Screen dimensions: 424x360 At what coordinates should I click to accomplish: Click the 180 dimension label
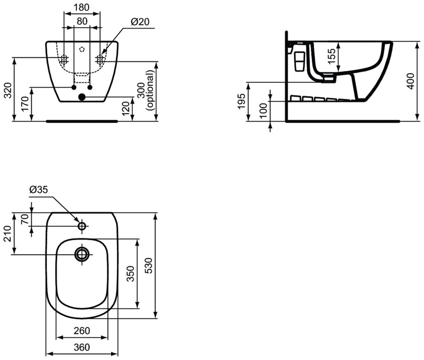pyautogui.click(x=82, y=7)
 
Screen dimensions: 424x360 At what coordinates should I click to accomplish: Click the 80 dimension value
pyautogui.click(x=82, y=21)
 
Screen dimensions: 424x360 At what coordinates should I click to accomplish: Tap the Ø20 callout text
pyautogui.click(x=140, y=22)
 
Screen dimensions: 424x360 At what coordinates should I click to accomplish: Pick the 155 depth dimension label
pyautogui.click(x=331, y=56)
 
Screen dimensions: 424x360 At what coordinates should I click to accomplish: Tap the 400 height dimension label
pyautogui.click(x=410, y=81)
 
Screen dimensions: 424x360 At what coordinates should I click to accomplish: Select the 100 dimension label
pyautogui.click(x=263, y=112)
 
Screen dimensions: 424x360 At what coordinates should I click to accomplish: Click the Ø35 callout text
pyautogui.click(x=38, y=190)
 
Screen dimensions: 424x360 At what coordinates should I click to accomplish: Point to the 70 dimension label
pyautogui.click(x=25, y=219)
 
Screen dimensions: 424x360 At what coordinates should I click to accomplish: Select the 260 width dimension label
pyautogui.click(x=82, y=330)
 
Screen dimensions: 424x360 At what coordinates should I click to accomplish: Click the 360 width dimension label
pyautogui.click(x=82, y=347)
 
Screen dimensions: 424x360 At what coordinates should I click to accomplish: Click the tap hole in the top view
pyautogui.click(x=82, y=226)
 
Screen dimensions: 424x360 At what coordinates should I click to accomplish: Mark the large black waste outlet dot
pyautogui.click(x=82, y=96)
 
